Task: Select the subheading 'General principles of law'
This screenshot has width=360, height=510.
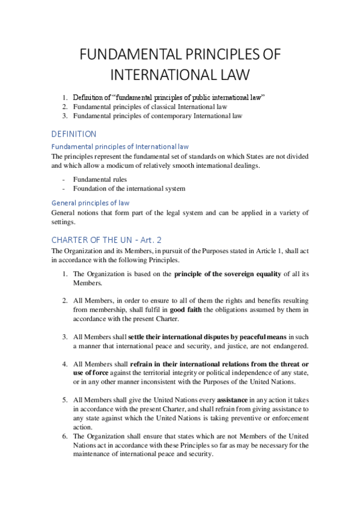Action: tap(90, 203)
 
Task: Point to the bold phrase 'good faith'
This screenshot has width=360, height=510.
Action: tap(188, 310)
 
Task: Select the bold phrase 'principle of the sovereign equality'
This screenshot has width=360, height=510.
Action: tap(228, 274)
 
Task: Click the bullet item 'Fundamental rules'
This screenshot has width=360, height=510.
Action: tap(100, 179)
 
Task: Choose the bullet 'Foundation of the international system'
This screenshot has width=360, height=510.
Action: tap(129, 188)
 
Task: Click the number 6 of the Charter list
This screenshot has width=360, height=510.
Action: tap(65, 436)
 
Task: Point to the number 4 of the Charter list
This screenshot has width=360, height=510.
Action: tap(65, 364)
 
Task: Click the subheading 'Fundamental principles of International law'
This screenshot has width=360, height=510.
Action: tap(120, 146)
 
